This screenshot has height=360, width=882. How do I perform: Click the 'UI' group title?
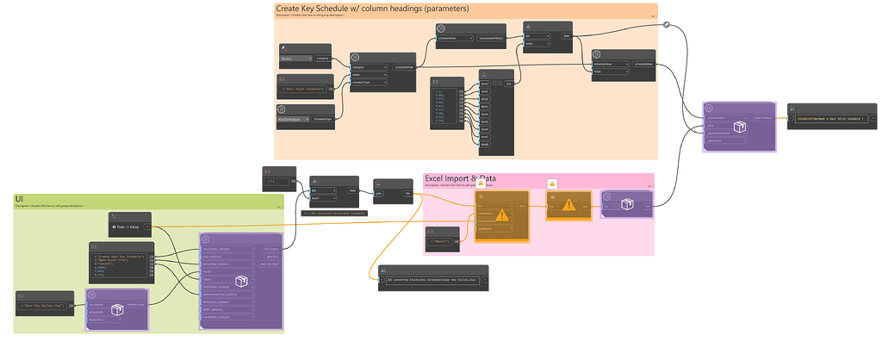click(x=19, y=199)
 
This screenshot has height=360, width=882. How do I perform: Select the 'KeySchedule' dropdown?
click(x=296, y=120)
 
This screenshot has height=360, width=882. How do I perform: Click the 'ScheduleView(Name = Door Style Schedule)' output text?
click(x=832, y=118)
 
